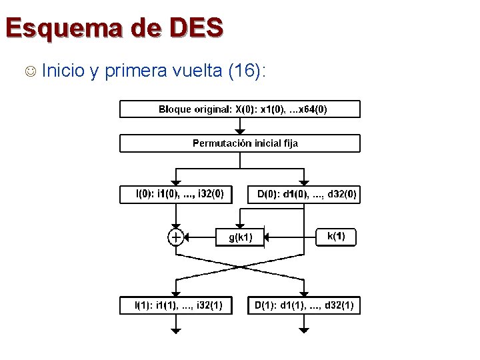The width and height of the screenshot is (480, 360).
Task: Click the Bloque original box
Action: click(x=239, y=109)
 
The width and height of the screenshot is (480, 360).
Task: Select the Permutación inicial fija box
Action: click(x=239, y=143)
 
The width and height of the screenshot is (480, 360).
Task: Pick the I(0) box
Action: click(x=175, y=194)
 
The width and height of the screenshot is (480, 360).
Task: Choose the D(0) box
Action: click(x=304, y=194)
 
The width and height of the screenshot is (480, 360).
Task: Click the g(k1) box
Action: click(x=240, y=237)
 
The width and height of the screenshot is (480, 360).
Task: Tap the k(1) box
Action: click(x=335, y=236)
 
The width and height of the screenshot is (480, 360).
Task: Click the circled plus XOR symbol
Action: click(x=175, y=237)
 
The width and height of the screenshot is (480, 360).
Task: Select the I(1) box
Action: click(x=175, y=306)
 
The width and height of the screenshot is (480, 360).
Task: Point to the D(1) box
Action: click(x=304, y=306)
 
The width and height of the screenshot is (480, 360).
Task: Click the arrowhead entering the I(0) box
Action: click(x=175, y=181)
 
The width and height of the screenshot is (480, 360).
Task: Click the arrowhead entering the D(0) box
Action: click(x=304, y=181)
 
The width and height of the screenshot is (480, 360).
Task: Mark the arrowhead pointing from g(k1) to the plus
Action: click(x=187, y=237)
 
